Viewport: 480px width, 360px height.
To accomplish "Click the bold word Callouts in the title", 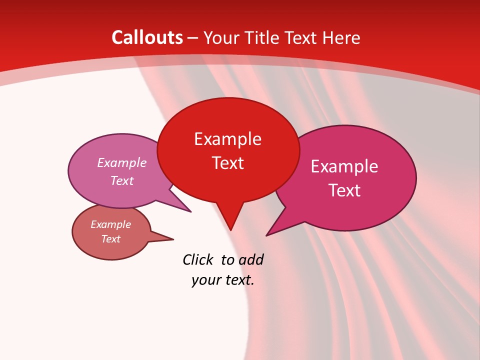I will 147,37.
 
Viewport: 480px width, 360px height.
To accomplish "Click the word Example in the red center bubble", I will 227,138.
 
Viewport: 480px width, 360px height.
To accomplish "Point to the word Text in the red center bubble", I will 227,162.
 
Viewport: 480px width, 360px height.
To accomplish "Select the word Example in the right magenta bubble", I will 344,166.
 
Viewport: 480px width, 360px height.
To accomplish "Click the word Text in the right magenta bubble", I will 344,190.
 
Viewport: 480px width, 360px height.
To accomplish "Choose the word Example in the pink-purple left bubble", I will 122,162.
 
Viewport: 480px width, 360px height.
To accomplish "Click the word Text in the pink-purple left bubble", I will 122,180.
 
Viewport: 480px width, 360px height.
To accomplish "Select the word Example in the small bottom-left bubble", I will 110,224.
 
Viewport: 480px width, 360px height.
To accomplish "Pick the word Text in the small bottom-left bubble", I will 110,239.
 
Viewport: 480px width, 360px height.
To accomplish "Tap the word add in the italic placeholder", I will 250,259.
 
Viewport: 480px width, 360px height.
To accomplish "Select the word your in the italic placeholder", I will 205,280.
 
